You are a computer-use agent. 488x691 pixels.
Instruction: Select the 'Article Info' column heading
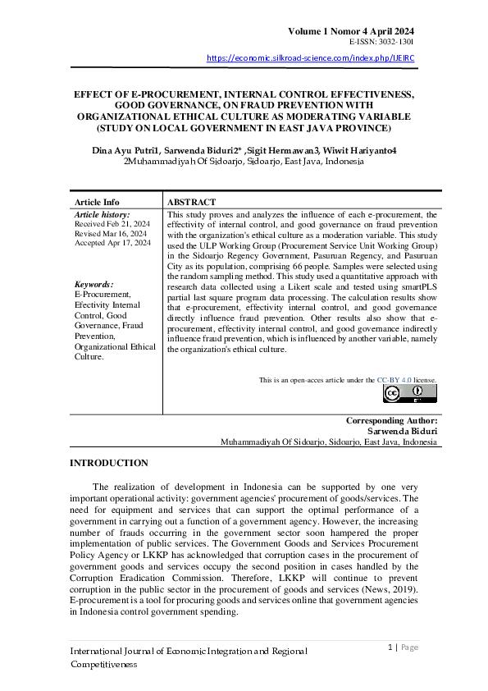point(97,202)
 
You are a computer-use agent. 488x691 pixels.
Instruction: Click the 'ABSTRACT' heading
point(191,202)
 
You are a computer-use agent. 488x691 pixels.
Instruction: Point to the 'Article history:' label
point(103,213)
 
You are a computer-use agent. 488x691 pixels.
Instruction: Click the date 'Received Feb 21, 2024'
point(112,223)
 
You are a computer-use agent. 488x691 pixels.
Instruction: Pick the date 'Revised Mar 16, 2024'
point(111,233)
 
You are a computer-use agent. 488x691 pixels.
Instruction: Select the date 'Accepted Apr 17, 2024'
point(112,243)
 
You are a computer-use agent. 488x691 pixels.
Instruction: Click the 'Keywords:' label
point(93,284)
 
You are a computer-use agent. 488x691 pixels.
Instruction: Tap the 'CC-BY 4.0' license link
point(394,380)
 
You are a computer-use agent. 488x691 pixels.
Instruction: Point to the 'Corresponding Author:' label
point(391,420)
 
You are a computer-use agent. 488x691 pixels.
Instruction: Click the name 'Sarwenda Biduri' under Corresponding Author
point(402,431)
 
